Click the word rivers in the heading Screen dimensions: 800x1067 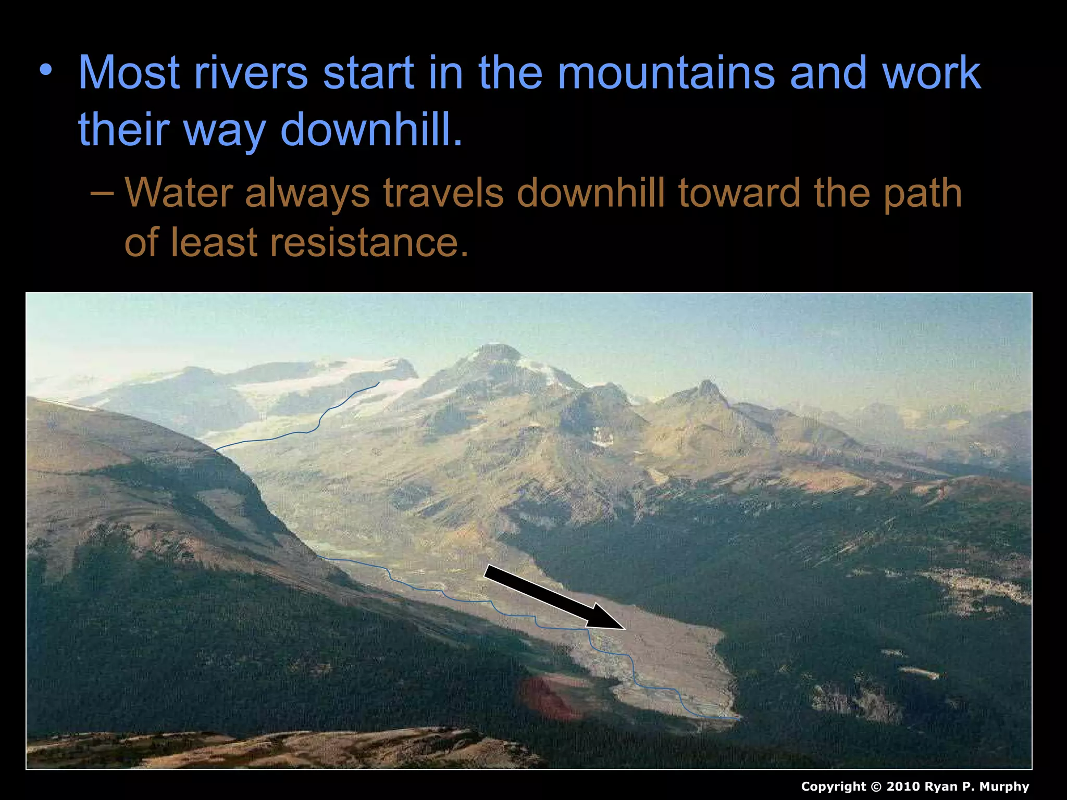click(x=251, y=73)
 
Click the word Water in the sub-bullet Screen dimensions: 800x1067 click(x=179, y=193)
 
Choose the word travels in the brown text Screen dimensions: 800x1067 click(x=443, y=193)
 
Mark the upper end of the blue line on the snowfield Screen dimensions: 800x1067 click(x=378, y=383)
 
